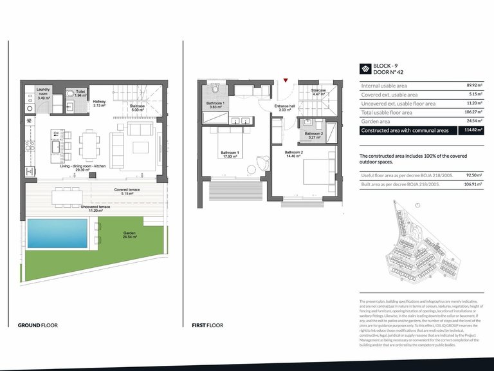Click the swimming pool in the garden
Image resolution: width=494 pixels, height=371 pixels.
pyautogui.click(x=57, y=233)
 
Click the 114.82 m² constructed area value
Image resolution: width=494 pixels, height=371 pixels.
pyautogui.click(x=473, y=130)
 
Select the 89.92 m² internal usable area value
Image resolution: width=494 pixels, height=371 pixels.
pyautogui.click(x=473, y=86)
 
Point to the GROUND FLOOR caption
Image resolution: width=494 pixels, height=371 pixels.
pyautogui.click(x=37, y=325)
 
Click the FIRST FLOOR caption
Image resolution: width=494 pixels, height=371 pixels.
pyautogui.click(x=207, y=325)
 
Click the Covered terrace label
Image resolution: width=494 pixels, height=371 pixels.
pyautogui.click(x=127, y=190)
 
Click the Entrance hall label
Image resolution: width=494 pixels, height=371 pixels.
pyautogui.click(x=284, y=108)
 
